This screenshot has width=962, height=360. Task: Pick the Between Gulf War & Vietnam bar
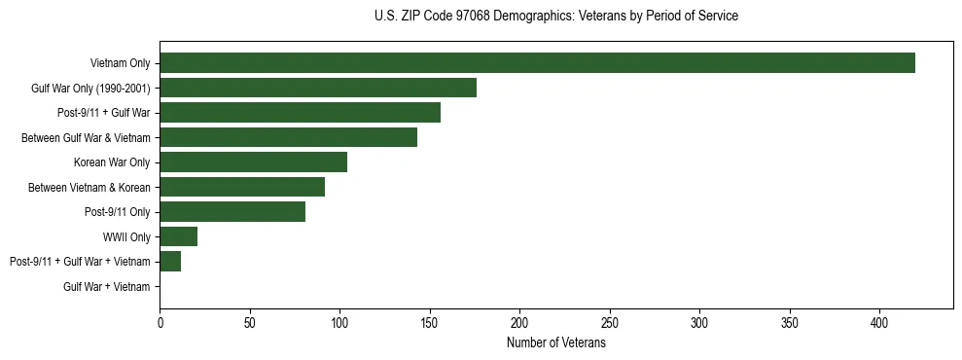[x=288, y=137]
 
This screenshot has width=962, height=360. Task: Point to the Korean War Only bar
[x=253, y=162]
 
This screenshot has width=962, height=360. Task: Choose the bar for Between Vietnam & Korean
[x=242, y=187]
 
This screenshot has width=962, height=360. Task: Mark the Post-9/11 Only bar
[x=232, y=212]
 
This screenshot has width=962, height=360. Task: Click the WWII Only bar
[x=178, y=236]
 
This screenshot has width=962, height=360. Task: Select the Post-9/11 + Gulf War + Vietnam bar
[x=170, y=261]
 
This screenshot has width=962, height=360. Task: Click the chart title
[x=555, y=17]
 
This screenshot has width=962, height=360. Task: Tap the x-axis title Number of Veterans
[x=555, y=343]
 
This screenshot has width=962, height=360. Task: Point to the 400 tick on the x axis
[x=879, y=322]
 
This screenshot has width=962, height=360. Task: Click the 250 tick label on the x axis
[x=610, y=322]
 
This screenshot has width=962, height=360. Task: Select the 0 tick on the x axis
[x=160, y=322]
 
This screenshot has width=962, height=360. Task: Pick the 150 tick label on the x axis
[x=430, y=322]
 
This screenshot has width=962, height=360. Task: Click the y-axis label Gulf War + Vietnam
[x=107, y=286]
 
